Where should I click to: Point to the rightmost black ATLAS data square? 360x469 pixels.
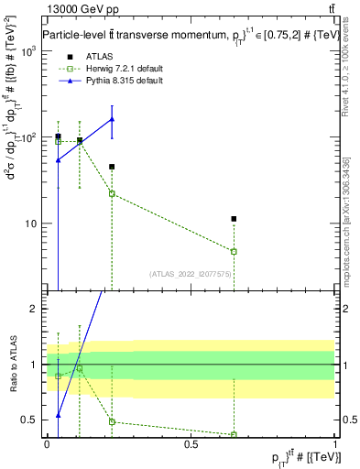[x=234, y=219]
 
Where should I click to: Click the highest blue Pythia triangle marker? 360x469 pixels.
[x=112, y=119]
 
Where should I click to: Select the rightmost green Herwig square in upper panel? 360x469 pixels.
[x=234, y=251]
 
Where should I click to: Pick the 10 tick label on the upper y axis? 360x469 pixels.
[x=33, y=224]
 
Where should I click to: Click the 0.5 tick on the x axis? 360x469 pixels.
[x=191, y=443]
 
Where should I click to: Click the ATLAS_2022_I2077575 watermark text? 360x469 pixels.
[x=190, y=273]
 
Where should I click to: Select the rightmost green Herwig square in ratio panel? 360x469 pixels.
[x=234, y=434]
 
